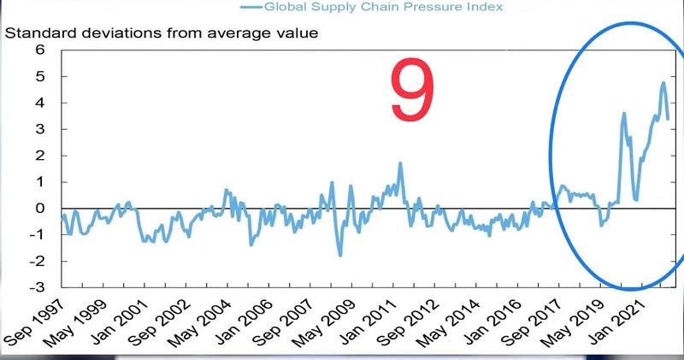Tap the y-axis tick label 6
coord(38,50)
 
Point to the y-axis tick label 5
coord(38,76)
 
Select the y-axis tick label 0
coord(38,208)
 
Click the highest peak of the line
coord(663,83)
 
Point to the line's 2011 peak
coord(400,162)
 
